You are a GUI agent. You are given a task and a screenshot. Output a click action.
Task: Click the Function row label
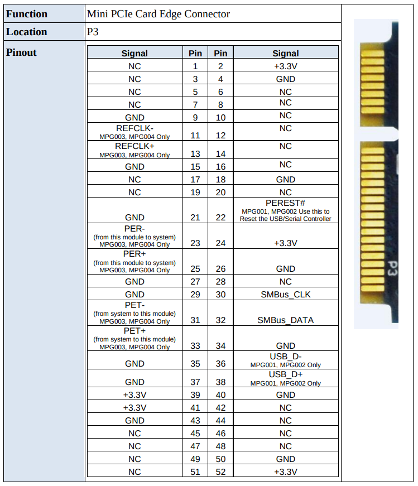(x=27, y=14)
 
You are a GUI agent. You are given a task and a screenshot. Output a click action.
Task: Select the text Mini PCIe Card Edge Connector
(x=158, y=14)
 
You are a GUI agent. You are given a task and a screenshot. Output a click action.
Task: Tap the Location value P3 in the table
(x=93, y=32)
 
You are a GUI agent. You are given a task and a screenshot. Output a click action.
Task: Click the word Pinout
(x=21, y=52)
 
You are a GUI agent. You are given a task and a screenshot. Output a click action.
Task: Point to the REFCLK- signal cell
(x=134, y=128)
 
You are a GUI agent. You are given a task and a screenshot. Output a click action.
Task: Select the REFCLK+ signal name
(x=134, y=146)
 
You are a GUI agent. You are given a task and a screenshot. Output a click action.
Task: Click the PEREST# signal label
(x=285, y=203)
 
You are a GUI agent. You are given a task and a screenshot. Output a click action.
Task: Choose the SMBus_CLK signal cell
(x=285, y=295)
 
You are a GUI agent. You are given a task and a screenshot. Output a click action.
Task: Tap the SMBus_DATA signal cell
(x=285, y=320)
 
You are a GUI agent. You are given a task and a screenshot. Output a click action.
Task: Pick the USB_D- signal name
(x=285, y=357)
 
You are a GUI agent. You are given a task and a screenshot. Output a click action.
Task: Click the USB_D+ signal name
(x=285, y=374)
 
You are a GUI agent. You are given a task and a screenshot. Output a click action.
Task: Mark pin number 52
(x=220, y=472)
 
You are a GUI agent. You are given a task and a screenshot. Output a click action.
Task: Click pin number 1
(x=195, y=66)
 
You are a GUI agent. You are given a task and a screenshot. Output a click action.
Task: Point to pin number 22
(x=220, y=218)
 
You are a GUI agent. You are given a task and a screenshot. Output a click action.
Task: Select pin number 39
(x=195, y=395)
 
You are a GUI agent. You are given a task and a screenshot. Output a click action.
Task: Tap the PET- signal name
(x=134, y=306)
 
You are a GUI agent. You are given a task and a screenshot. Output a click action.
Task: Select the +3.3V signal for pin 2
(x=285, y=66)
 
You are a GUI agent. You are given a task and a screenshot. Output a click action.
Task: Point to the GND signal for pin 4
(x=285, y=79)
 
